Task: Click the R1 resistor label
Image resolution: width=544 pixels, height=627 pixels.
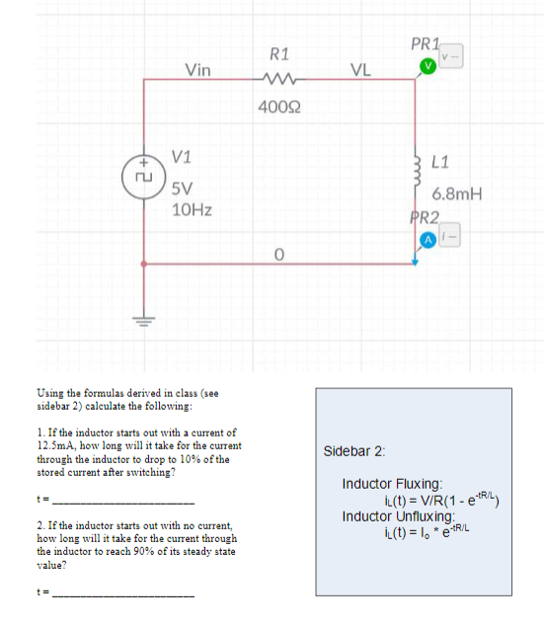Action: tap(279, 52)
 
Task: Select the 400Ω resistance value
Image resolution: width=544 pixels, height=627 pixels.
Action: tap(279, 106)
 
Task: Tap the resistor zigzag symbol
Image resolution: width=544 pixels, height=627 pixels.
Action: tap(279, 80)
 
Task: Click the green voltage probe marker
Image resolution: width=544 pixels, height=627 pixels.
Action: tap(427, 65)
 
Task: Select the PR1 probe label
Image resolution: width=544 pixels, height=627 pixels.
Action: tap(424, 44)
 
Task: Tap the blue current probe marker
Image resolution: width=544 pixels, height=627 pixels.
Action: tap(428, 240)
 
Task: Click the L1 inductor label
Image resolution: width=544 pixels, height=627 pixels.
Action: tap(441, 161)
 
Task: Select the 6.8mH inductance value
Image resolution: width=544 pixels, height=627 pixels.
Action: tap(456, 194)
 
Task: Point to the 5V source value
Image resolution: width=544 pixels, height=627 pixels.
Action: tap(182, 189)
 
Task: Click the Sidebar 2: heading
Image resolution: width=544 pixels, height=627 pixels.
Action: tap(354, 450)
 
